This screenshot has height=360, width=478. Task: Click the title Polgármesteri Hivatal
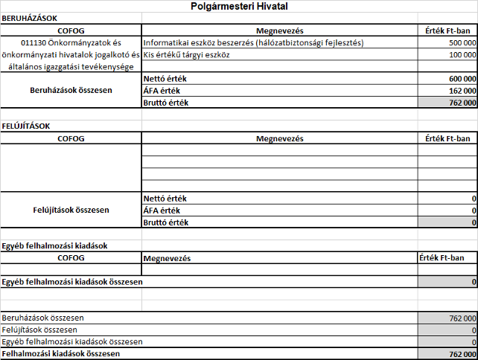[x=238, y=7]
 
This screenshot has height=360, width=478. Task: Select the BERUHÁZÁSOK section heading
[x=30, y=17]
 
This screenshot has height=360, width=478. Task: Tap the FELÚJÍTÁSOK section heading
[x=27, y=126]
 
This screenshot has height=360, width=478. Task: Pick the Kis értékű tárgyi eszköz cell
[x=187, y=54]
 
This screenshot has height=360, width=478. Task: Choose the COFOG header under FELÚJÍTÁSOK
[x=70, y=138]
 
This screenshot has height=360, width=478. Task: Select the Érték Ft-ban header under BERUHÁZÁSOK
[x=447, y=30]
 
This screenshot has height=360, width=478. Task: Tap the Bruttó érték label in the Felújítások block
[x=168, y=222]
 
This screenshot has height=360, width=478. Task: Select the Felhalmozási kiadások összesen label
[x=61, y=354]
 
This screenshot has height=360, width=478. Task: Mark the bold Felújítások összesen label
[x=70, y=210]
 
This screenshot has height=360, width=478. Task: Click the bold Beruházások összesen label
[x=70, y=89]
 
